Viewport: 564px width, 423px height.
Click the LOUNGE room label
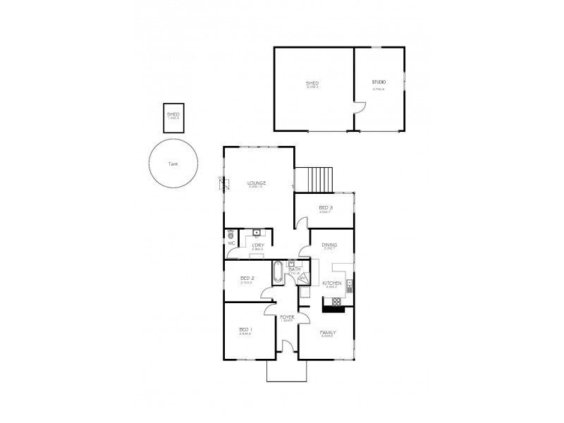(256, 183)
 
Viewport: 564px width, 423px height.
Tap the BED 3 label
(326, 207)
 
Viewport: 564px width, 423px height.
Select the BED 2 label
(247, 278)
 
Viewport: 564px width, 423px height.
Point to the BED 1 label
(245, 329)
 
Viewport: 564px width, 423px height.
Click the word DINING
(329, 245)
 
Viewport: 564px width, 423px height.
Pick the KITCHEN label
(331, 283)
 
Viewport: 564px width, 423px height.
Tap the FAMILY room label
(327, 332)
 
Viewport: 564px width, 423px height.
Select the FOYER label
(287, 317)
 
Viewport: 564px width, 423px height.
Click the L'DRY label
(258, 245)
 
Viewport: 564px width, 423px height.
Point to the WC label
(231, 243)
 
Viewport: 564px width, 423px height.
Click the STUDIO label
(379, 82)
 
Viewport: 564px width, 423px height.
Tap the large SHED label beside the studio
(312, 82)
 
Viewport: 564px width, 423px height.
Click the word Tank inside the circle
(173, 164)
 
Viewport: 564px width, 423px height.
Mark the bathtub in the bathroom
(277, 272)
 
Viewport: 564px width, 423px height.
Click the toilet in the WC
(231, 233)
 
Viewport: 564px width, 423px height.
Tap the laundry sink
(257, 233)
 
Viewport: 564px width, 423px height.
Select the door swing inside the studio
(360, 108)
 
